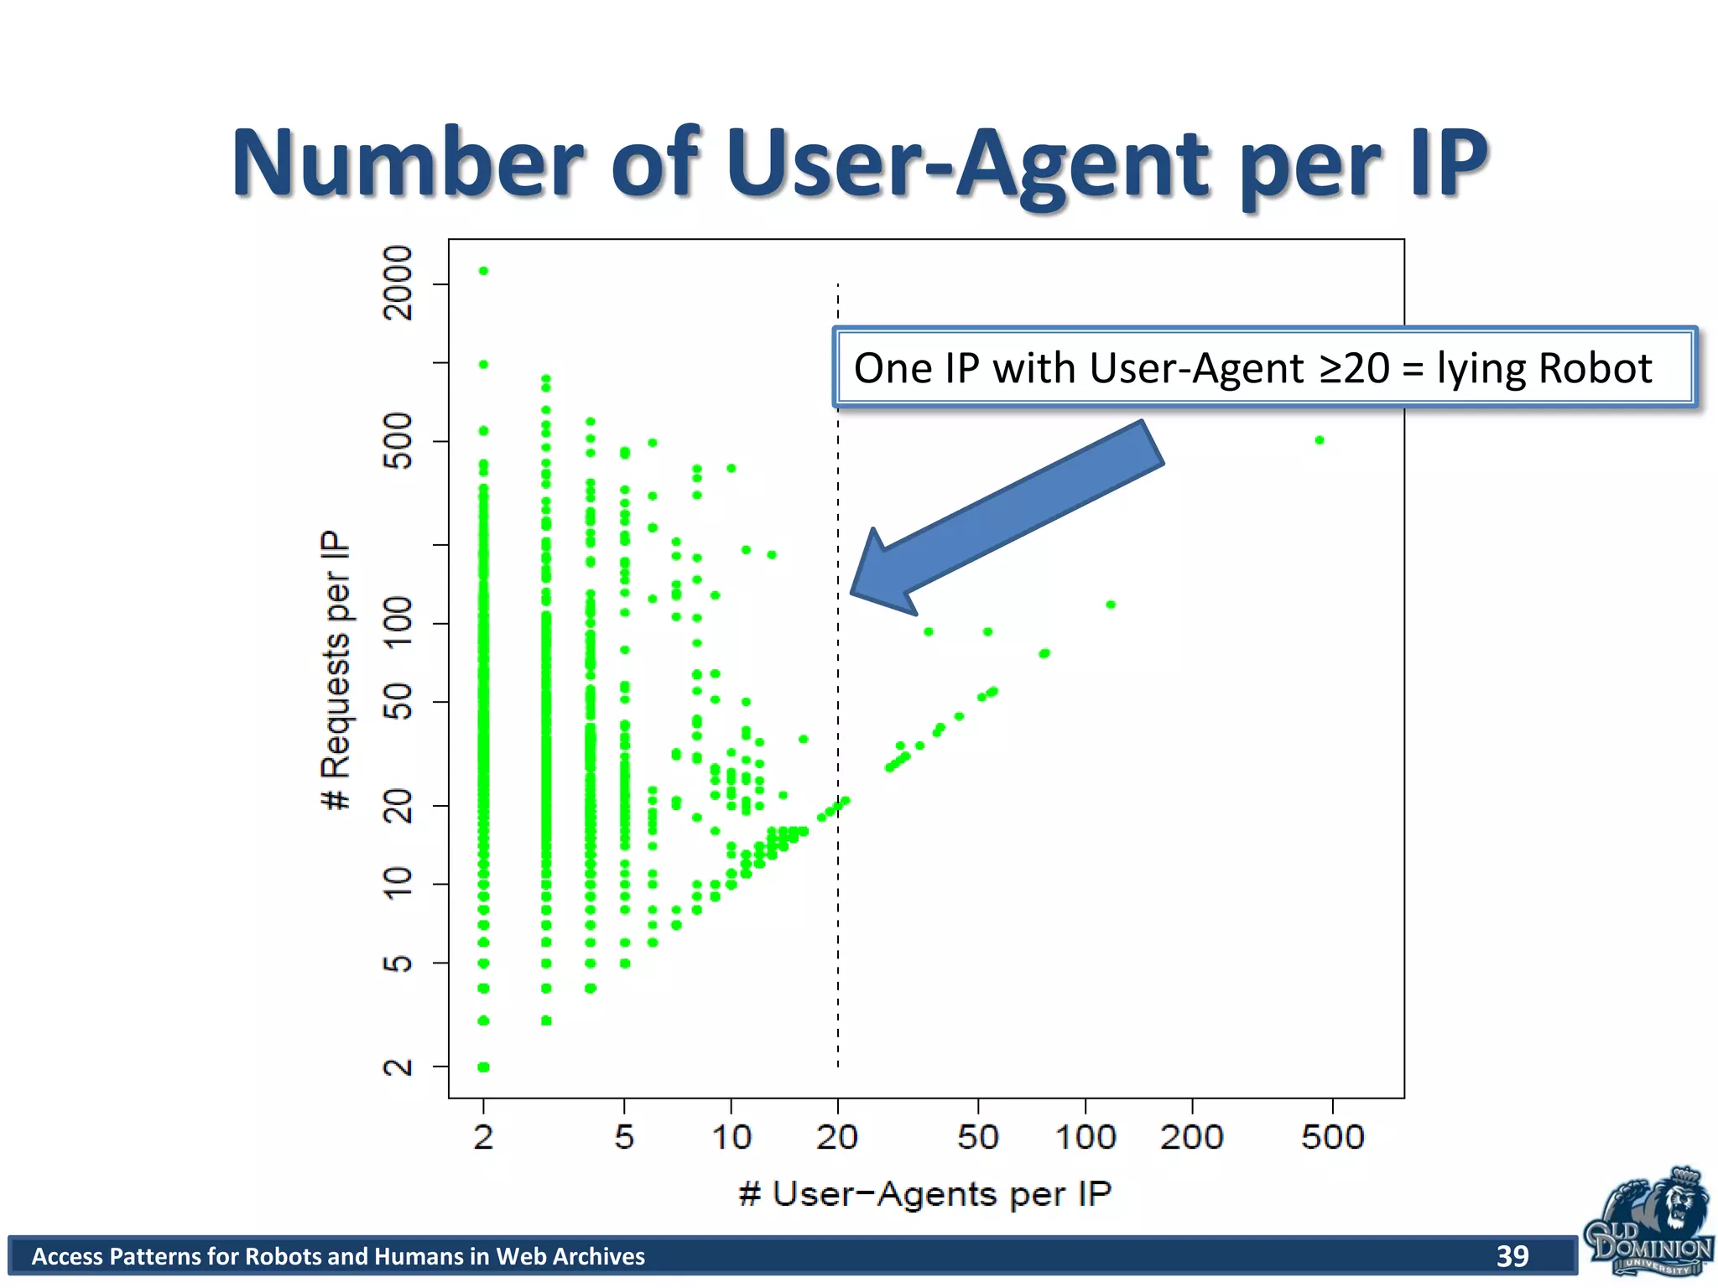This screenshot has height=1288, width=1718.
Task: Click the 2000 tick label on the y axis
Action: (398, 283)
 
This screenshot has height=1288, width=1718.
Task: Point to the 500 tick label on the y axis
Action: (398, 441)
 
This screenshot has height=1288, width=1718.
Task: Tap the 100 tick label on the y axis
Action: (398, 624)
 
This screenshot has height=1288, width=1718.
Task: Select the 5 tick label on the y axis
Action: (398, 963)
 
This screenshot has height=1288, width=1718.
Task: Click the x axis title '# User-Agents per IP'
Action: (925, 1194)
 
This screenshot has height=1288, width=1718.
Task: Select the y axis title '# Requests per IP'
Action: (336, 670)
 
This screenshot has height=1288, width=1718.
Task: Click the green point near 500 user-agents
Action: (1320, 440)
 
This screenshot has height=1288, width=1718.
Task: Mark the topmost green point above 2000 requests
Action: (483, 271)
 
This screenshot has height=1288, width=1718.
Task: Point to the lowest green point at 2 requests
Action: (483, 1067)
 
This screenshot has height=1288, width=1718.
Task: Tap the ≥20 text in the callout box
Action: (1354, 368)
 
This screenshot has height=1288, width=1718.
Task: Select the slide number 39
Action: (1512, 1255)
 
